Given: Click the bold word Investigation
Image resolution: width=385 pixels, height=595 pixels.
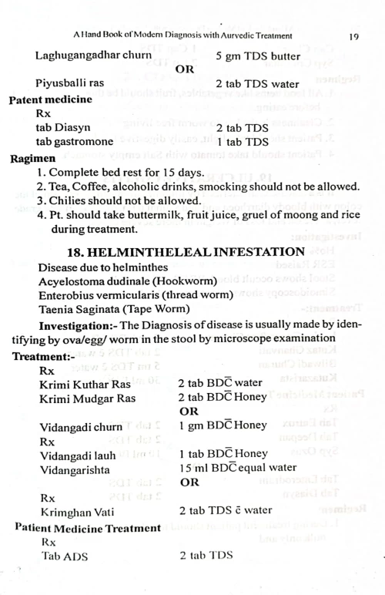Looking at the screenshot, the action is coord(76,326).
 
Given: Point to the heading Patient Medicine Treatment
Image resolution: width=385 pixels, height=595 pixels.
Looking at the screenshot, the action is coord(86,528).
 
